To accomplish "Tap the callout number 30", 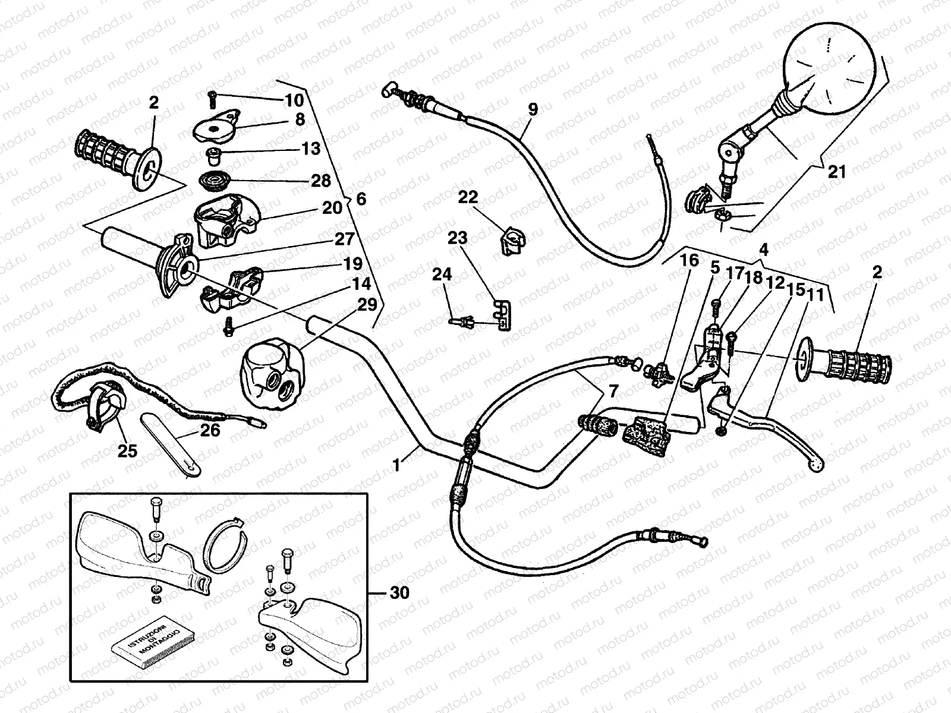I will click(x=399, y=592).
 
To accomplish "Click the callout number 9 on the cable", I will click(x=532, y=109).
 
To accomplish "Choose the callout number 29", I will click(x=367, y=305).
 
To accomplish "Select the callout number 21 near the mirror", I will click(x=836, y=172).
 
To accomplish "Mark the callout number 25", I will click(x=127, y=451).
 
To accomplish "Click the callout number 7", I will click(x=613, y=391).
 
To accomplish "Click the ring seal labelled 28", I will click(x=212, y=179).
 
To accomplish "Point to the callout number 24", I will click(x=442, y=275).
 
